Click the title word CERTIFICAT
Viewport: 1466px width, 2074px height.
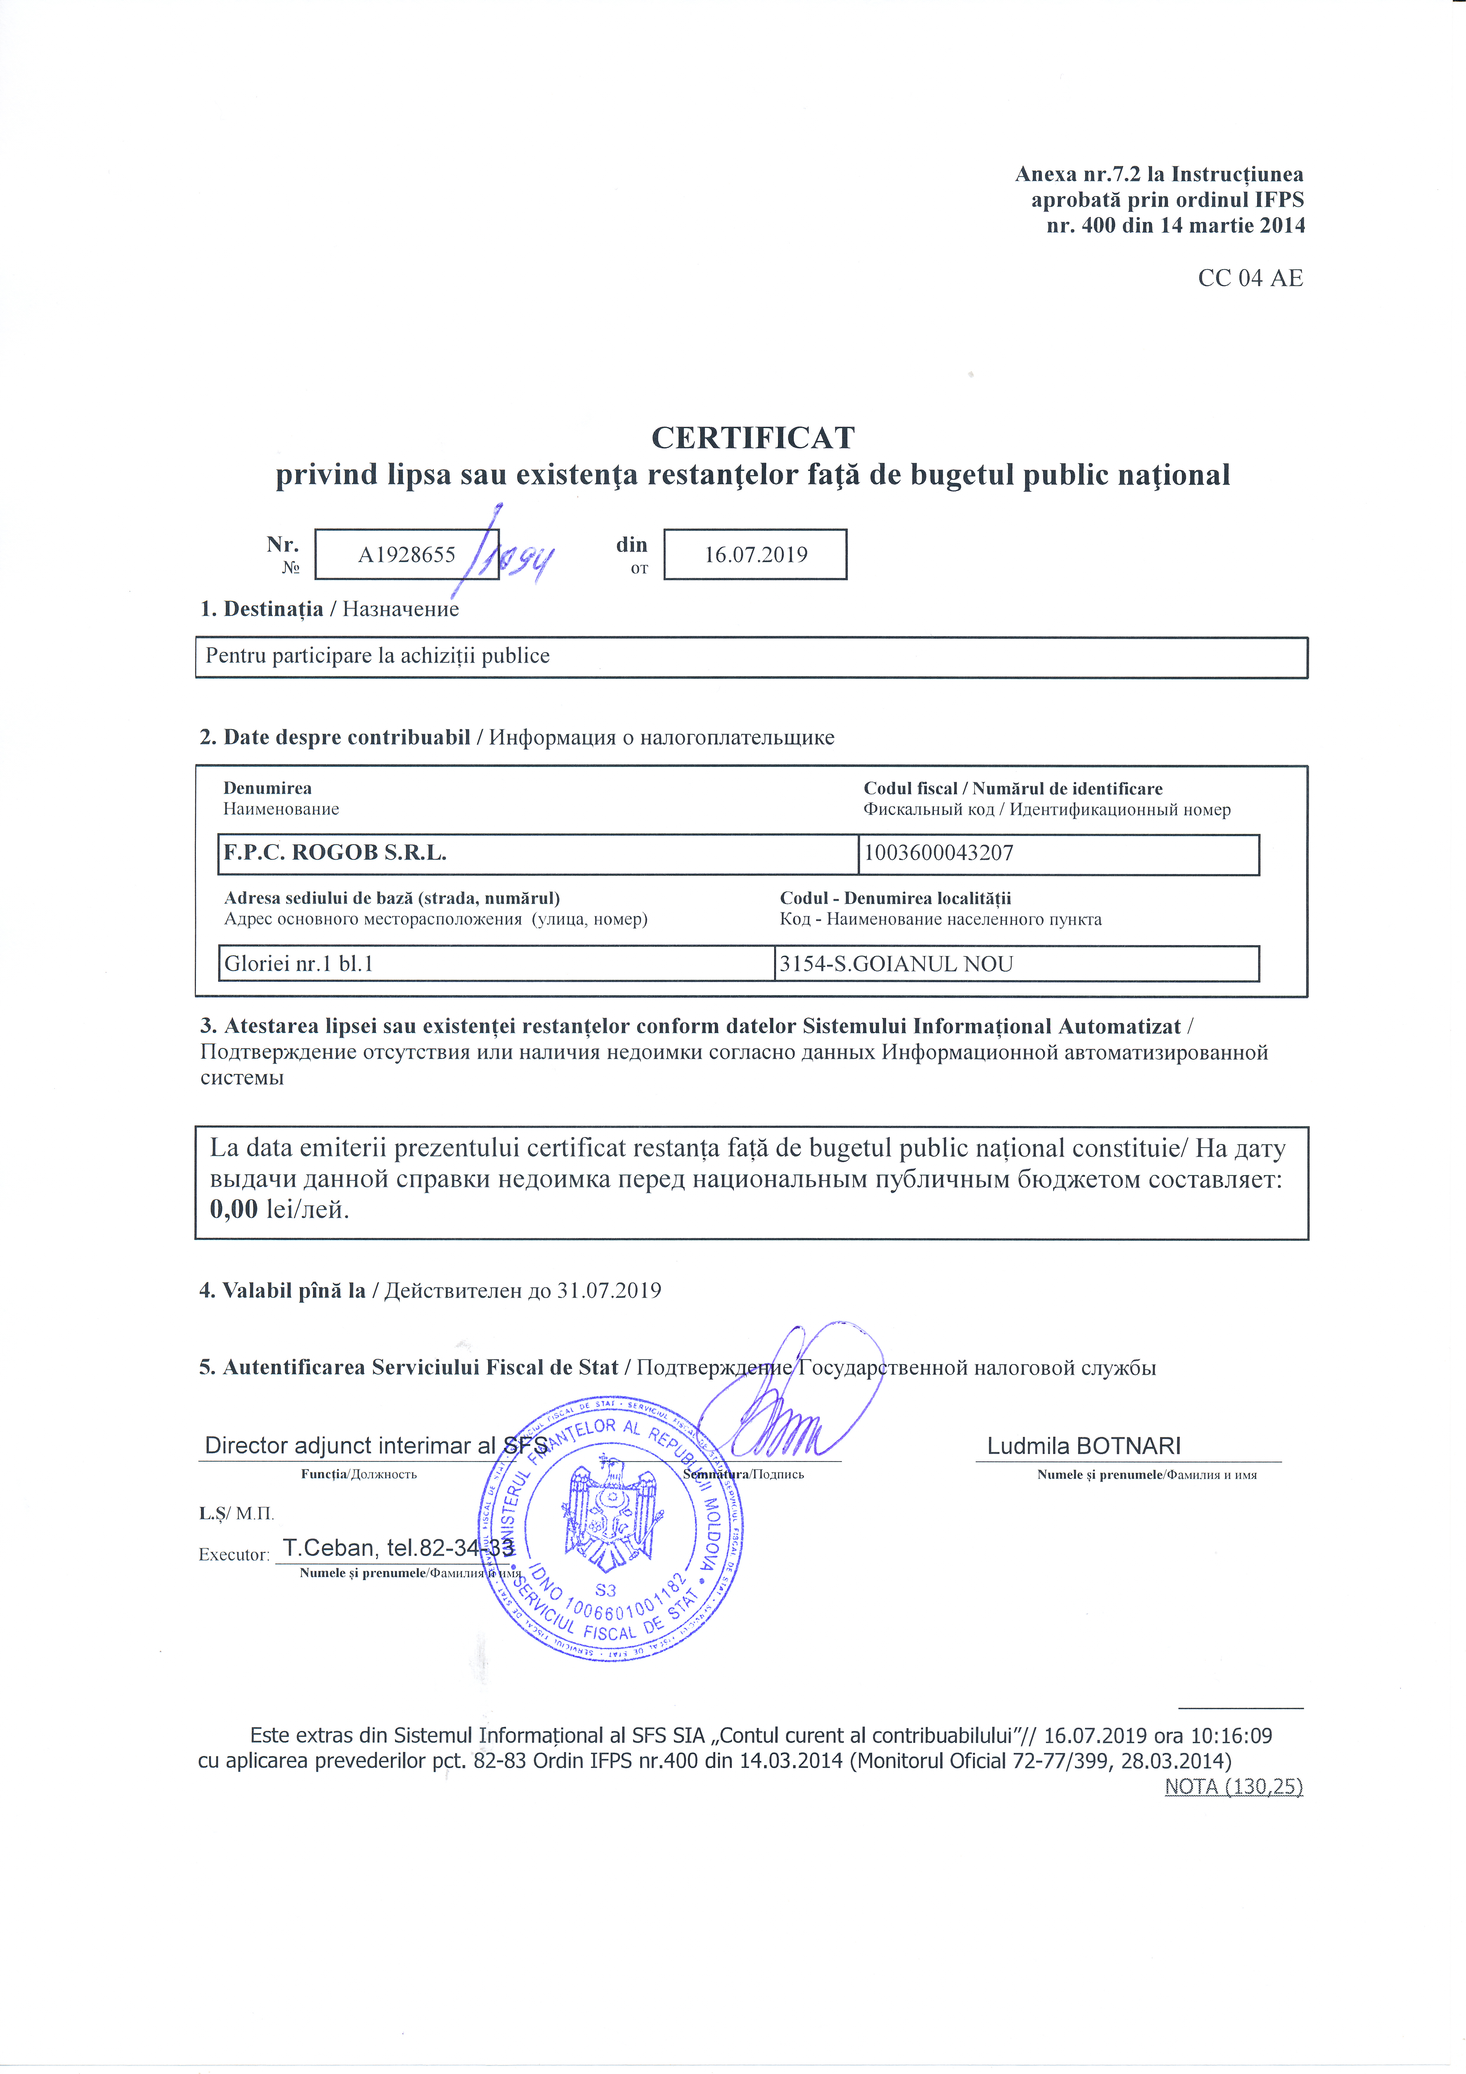point(753,438)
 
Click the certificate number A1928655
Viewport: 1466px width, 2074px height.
point(406,555)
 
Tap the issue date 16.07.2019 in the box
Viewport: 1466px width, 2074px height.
point(755,555)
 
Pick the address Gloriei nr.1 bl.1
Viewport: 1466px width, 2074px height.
point(298,964)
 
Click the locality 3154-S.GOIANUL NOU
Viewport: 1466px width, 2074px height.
point(896,964)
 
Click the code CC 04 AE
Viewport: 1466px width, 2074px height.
point(1250,278)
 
